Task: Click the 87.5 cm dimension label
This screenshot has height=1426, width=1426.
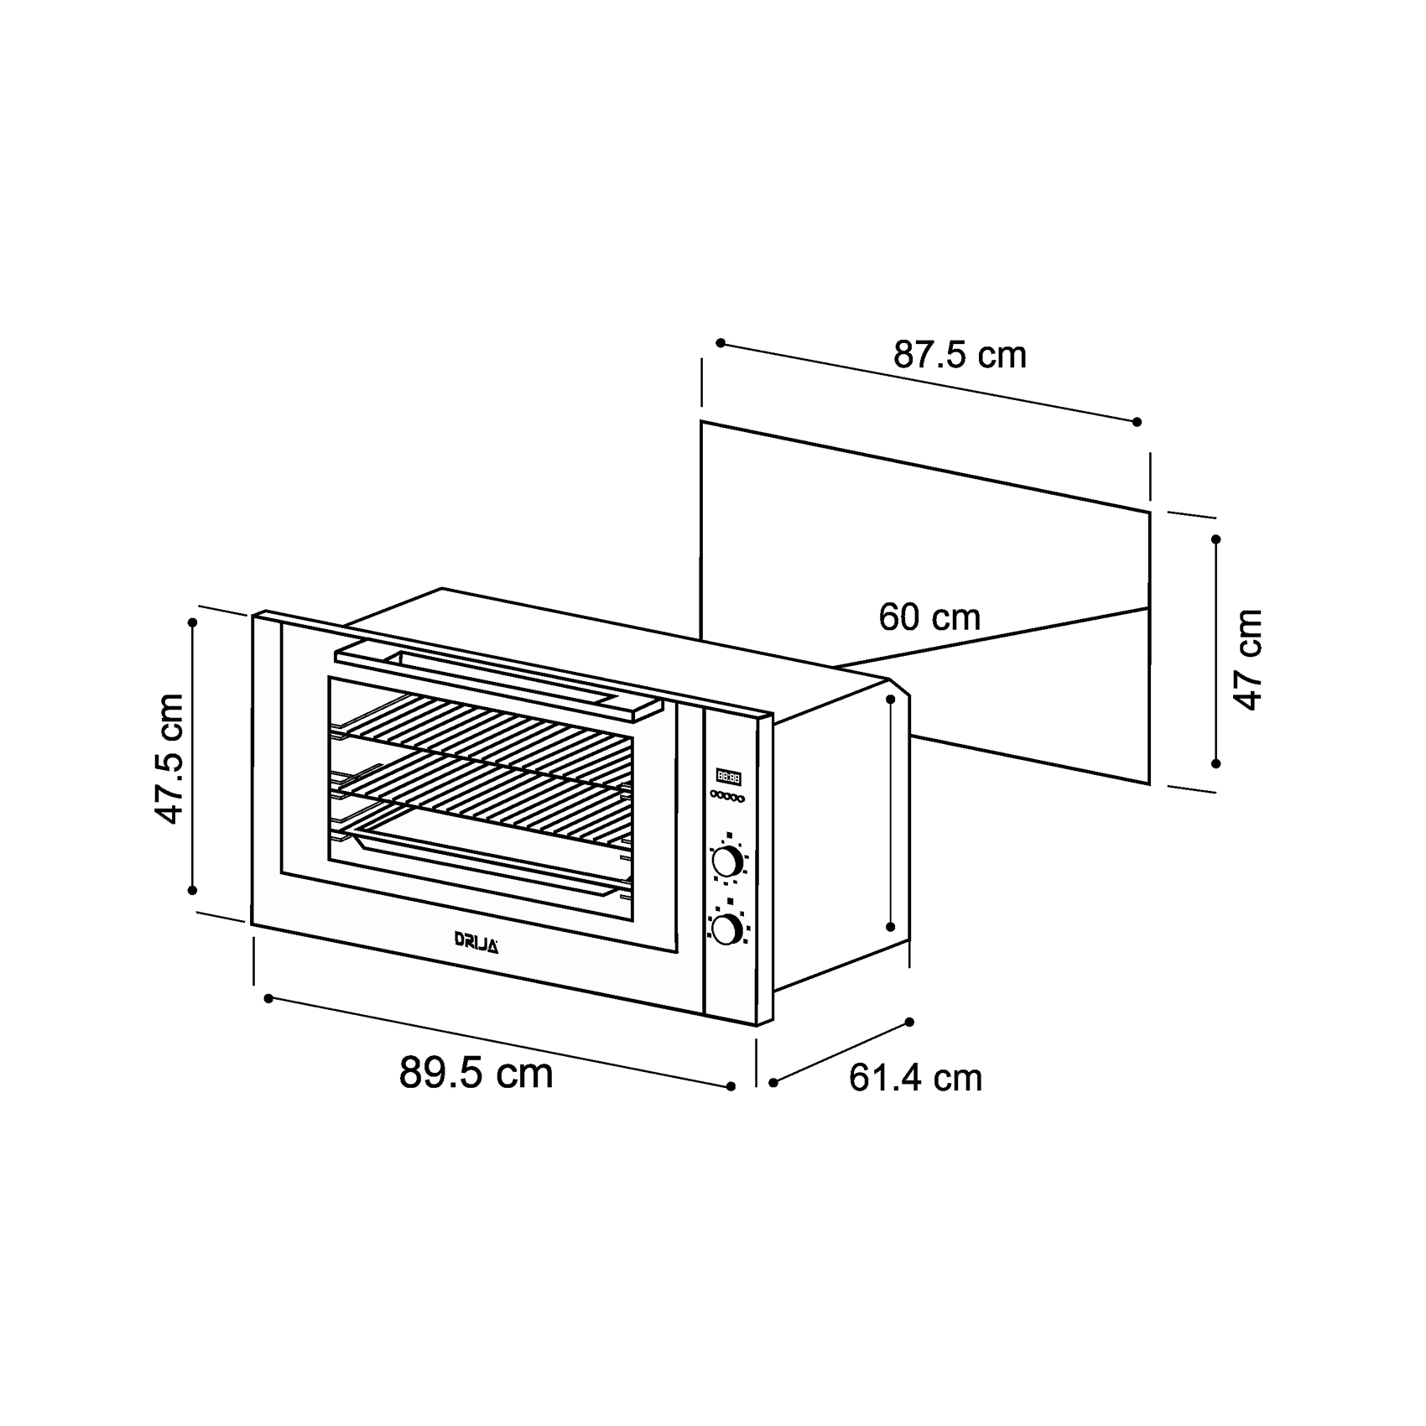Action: coord(960,355)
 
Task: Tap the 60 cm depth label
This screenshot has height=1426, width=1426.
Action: coord(929,617)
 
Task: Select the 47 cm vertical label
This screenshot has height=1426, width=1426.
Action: coord(1249,660)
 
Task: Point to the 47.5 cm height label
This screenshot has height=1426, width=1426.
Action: coord(169,758)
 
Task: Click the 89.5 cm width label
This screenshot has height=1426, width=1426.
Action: coord(476,1072)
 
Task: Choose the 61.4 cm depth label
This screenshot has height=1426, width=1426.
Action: coord(915,1078)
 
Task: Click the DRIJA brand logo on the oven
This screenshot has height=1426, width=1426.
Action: coord(476,941)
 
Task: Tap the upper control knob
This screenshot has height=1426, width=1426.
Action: coord(727,861)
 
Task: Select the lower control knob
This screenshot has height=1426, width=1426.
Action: coord(727,929)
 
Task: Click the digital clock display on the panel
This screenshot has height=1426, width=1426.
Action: coord(728,778)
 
